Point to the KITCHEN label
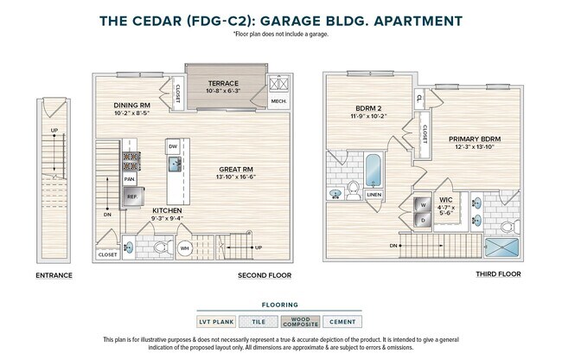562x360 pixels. coord(167,210)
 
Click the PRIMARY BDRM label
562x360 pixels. coord(474,138)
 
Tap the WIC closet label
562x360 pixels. coord(445,200)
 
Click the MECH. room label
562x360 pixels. coord(278,100)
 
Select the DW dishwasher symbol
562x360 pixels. coord(173,147)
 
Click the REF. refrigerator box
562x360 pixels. coord(132,196)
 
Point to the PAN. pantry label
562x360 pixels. coord(130,179)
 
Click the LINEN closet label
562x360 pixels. coord(374,195)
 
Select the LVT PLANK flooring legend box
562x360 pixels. coord(217,322)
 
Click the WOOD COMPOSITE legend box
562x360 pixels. coord(300,322)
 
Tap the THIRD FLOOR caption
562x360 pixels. coord(499,274)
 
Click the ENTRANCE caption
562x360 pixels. coord(54,275)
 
